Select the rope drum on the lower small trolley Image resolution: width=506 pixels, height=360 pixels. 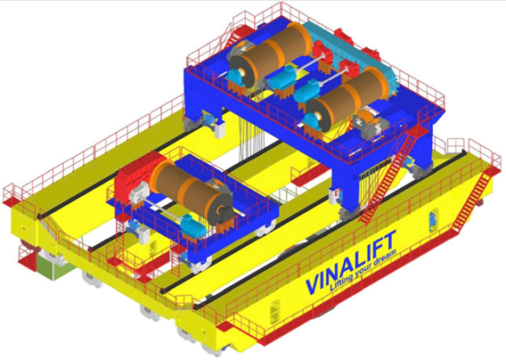[x=191, y=192]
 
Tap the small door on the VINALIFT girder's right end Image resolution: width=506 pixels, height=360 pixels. [x=433, y=221]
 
